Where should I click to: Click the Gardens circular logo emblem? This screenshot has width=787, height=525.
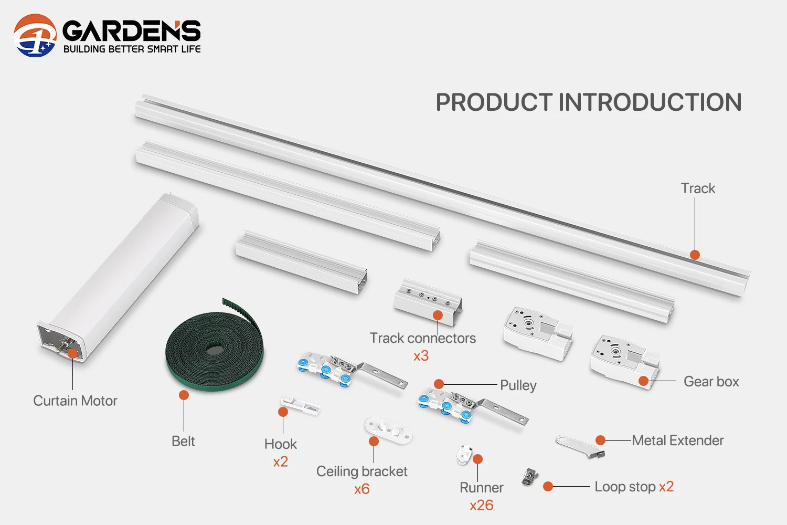[35, 35]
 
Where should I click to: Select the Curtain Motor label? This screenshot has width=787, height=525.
[75, 401]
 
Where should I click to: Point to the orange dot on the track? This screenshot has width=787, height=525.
[695, 255]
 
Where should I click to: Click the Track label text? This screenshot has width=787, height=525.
[698, 188]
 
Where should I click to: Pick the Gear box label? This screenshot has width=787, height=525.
[711, 382]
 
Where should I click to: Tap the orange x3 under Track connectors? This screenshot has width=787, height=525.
[421, 356]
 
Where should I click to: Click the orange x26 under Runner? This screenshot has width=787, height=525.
[481, 506]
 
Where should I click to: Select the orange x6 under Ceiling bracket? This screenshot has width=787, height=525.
[361, 489]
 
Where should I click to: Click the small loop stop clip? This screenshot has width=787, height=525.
[530, 476]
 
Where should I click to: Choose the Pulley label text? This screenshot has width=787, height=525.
[518, 385]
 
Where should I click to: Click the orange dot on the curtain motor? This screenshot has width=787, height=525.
[73, 353]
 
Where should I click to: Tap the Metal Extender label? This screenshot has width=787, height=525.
[677, 440]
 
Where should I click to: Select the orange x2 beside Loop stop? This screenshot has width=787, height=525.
[666, 487]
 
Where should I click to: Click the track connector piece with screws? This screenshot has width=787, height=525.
[428, 302]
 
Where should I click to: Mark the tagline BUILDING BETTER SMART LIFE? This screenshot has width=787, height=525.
[132, 49]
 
